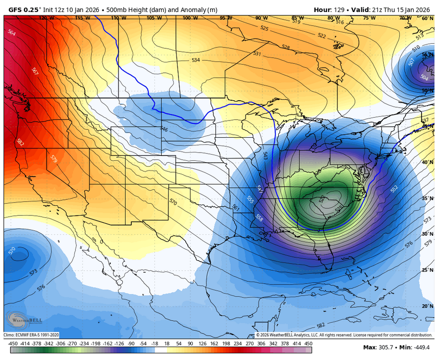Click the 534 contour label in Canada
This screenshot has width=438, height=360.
196,60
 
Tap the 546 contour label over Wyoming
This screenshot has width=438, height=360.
164,129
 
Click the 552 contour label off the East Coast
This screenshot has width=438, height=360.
394,190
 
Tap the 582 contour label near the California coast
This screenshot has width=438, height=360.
20,143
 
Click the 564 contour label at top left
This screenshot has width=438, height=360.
12,33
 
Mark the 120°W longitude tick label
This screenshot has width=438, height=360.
46,18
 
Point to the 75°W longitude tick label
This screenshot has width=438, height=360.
369,18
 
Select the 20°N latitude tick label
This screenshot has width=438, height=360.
427,306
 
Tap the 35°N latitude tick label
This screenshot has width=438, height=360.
427,198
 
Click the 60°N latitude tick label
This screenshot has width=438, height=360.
427,18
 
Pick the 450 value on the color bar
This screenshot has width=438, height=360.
309,343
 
